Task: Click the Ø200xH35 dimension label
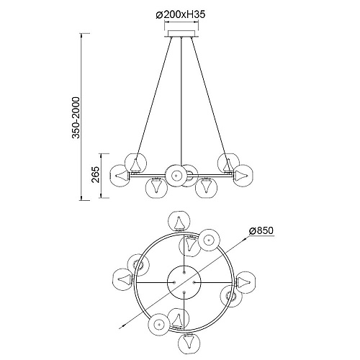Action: point(181,15)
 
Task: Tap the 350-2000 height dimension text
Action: point(76,117)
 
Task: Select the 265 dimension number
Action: point(96,174)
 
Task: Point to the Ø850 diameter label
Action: point(261,230)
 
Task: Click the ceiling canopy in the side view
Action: point(181,34)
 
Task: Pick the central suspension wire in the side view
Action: point(181,101)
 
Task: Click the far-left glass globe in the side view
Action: point(120,175)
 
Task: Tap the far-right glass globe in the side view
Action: point(243,175)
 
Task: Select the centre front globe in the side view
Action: point(176,176)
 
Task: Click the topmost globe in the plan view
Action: point(179,222)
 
